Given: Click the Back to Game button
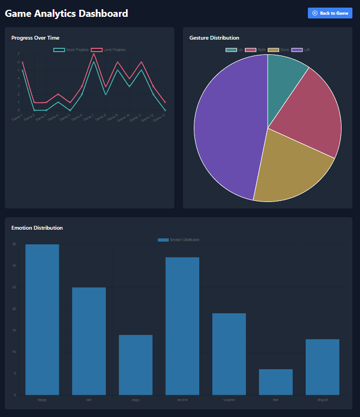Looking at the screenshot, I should (x=330, y=13).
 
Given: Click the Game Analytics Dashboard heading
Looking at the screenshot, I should (x=67, y=14).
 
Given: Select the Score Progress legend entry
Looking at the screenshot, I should (x=71, y=50).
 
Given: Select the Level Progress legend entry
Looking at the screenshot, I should (x=109, y=50).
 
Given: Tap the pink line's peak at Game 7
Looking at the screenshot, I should (x=94, y=54).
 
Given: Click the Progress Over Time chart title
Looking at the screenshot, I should (x=35, y=38).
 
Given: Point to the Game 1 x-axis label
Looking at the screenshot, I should (x=17, y=116).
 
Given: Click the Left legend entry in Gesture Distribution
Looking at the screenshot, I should (x=301, y=50).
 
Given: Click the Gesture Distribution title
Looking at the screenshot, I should (x=214, y=38).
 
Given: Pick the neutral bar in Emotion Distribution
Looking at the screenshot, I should (x=182, y=326).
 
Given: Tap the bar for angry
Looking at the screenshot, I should (x=136, y=365).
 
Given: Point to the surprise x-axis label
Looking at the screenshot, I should (x=229, y=400).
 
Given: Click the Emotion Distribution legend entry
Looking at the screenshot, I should (x=179, y=240).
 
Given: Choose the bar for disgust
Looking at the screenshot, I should (x=323, y=367).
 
